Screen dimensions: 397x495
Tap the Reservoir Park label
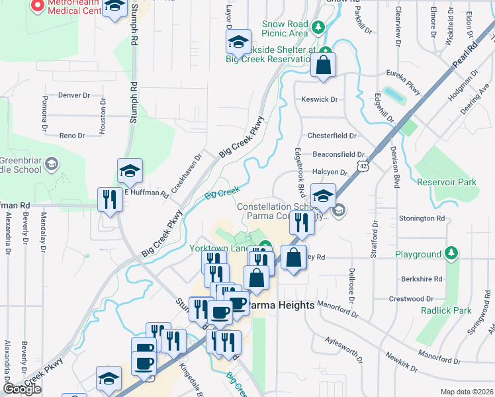[447, 182]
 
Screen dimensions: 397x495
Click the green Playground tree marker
[451, 253]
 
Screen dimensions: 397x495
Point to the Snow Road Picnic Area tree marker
[318, 28]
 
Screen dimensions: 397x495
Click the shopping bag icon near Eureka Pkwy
[322, 66]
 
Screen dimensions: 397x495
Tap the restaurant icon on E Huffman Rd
[108, 199]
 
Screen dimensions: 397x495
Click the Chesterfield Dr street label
[332, 136]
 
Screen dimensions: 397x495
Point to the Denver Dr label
[74, 95]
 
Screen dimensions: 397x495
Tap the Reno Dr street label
[72, 136]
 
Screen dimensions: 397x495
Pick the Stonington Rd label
[422, 218]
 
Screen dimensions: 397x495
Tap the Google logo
[22, 389]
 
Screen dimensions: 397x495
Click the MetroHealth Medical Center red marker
[36, 6]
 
